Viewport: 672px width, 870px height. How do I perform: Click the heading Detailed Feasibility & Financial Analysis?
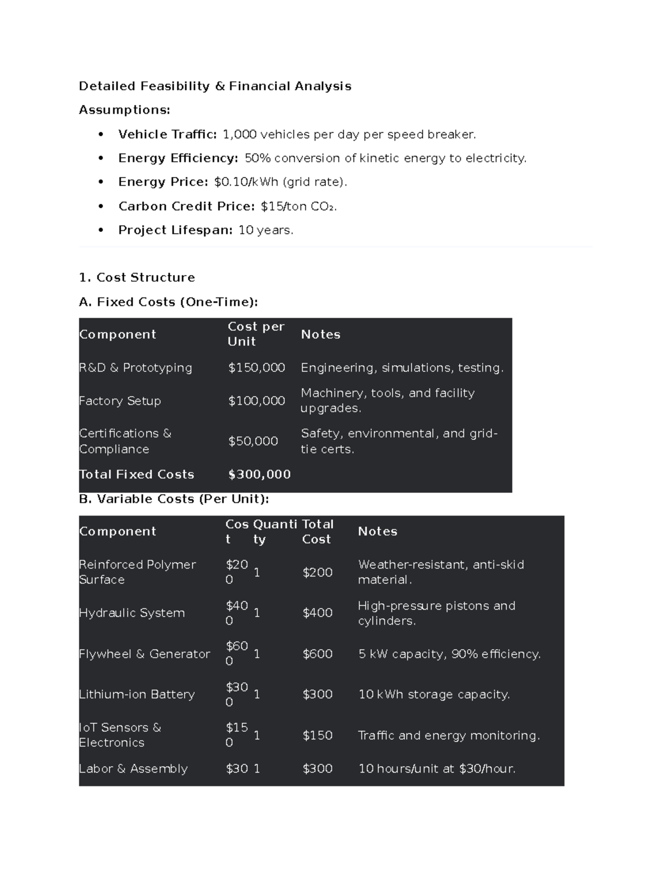(x=215, y=86)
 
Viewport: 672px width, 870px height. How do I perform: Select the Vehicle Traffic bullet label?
(x=167, y=134)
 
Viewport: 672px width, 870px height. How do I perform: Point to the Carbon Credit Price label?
(x=186, y=206)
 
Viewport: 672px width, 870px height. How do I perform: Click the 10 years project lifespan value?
(x=265, y=230)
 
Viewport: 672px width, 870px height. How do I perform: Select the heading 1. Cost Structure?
(x=137, y=277)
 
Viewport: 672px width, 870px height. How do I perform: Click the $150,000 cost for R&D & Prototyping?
(x=256, y=367)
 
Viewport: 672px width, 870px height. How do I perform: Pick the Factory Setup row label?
(x=120, y=401)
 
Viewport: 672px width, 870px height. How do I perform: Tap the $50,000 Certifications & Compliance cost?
(x=253, y=441)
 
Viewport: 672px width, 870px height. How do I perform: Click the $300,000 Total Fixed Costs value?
(x=259, y=474)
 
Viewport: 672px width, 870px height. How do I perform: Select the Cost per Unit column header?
(x=256, y=334)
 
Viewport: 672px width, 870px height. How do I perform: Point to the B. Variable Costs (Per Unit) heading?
(x=174, y=499)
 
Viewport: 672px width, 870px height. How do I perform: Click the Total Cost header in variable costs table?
(x=318, y=532)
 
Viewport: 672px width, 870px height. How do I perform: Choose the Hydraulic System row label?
(x=132, y=613)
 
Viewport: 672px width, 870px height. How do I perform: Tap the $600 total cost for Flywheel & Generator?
(x=318, y=654)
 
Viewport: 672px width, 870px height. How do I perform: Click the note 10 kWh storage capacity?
(x=434, y=695)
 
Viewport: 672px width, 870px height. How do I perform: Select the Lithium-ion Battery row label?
(x=137, y=695)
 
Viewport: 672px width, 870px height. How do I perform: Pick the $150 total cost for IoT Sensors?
(x=318, y=736)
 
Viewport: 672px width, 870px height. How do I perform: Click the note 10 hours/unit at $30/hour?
(x=437, y=769)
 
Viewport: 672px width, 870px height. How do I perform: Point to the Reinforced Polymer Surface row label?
(x=137, y=572)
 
